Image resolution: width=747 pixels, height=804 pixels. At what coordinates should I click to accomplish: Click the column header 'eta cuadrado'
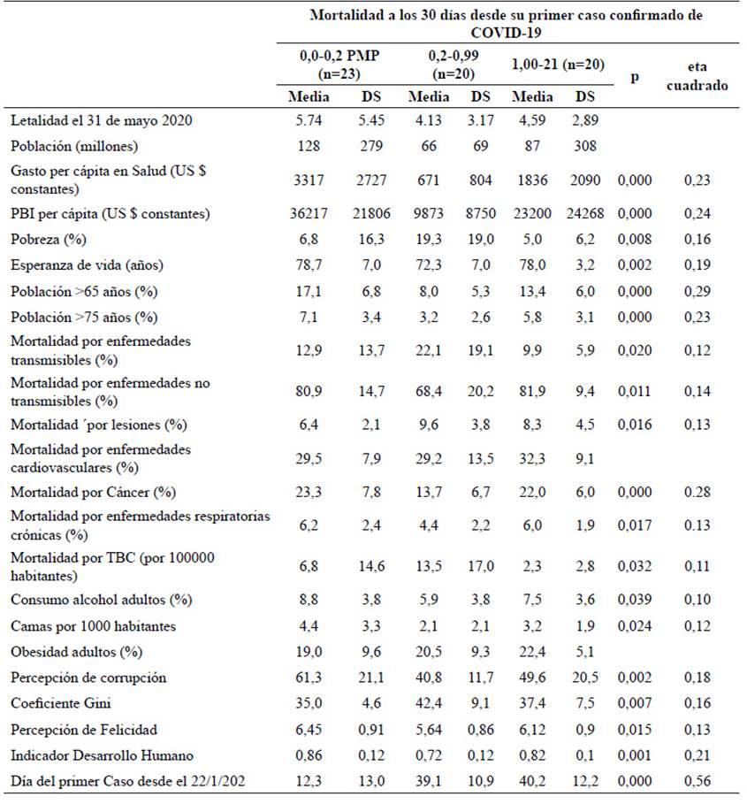tap(697, 76)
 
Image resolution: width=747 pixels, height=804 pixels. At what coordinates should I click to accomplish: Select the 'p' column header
tap(634, 77)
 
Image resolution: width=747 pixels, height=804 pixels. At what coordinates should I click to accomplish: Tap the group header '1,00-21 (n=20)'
tap(558, 65)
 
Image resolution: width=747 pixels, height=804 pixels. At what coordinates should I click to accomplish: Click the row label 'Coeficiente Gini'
tap(60, 703)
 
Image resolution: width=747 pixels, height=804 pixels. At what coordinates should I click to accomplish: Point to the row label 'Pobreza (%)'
tap(48, 240)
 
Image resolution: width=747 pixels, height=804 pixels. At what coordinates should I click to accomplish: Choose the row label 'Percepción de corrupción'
tap(88, 678)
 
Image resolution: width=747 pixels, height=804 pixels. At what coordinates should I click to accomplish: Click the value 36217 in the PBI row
tap(309, 213)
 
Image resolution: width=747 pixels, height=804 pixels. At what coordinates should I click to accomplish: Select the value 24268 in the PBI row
tap(585, 213)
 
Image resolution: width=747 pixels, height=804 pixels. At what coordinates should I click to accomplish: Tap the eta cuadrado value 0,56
tap(697, 781)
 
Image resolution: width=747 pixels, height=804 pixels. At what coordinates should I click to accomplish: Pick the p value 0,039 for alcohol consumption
tap(634, 600)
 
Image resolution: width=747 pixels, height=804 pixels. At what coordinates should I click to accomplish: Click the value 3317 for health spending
tap(309, 180)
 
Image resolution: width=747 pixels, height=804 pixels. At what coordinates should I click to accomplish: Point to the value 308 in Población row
tap(585, 146)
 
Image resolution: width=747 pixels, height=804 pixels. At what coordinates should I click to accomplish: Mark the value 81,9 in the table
tap(532, 391)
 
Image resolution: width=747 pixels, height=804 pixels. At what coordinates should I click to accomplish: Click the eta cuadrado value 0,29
tap(697, 291)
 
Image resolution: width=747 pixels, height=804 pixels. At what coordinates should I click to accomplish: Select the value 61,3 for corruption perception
tap(309, 678)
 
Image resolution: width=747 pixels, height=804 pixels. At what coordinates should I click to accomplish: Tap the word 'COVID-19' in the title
tap(506, 33)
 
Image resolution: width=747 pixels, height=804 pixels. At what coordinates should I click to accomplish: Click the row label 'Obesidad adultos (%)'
tap(76, 652)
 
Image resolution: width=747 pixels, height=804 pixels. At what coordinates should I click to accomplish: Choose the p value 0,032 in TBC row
tap(634, 566)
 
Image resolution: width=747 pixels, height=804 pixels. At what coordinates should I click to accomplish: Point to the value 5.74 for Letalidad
tap(309, 120)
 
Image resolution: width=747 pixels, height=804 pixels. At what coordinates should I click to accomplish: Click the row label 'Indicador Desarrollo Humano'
tap(102, 755)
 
